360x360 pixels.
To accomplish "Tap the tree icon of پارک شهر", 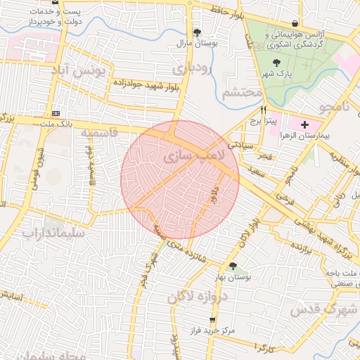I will pyautogui.click(x=271, y=63).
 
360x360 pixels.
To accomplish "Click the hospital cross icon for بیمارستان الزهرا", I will pyautogui.click(x=304, y=124).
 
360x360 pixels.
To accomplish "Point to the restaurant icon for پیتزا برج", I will pyautogui.click(x=264, y=110).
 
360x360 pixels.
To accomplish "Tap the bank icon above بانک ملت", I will pyautogui.click(x=56, y=113).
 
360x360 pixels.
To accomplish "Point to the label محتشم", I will pyautogui.click(x=241, y=92).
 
